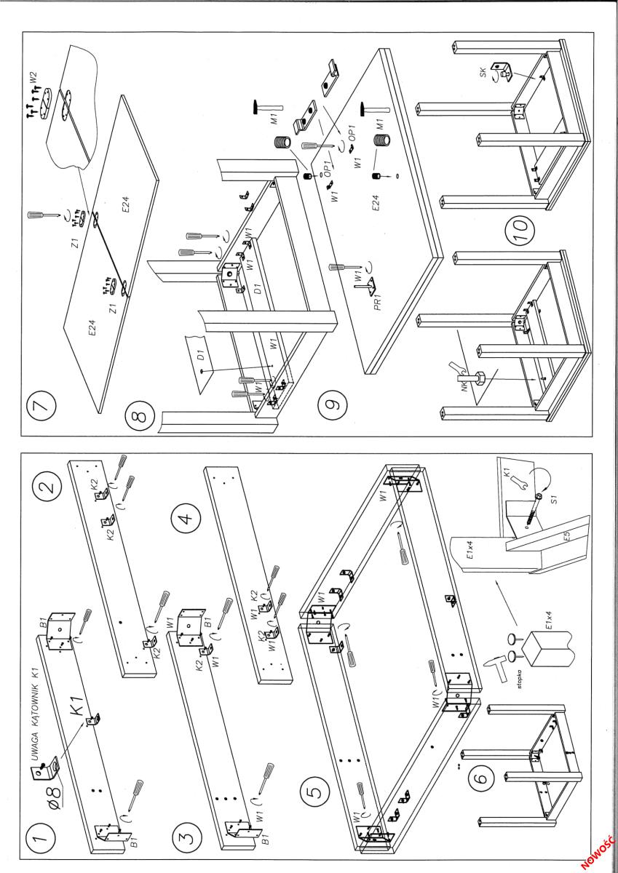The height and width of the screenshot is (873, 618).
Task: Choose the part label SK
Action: pos(484,72)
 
